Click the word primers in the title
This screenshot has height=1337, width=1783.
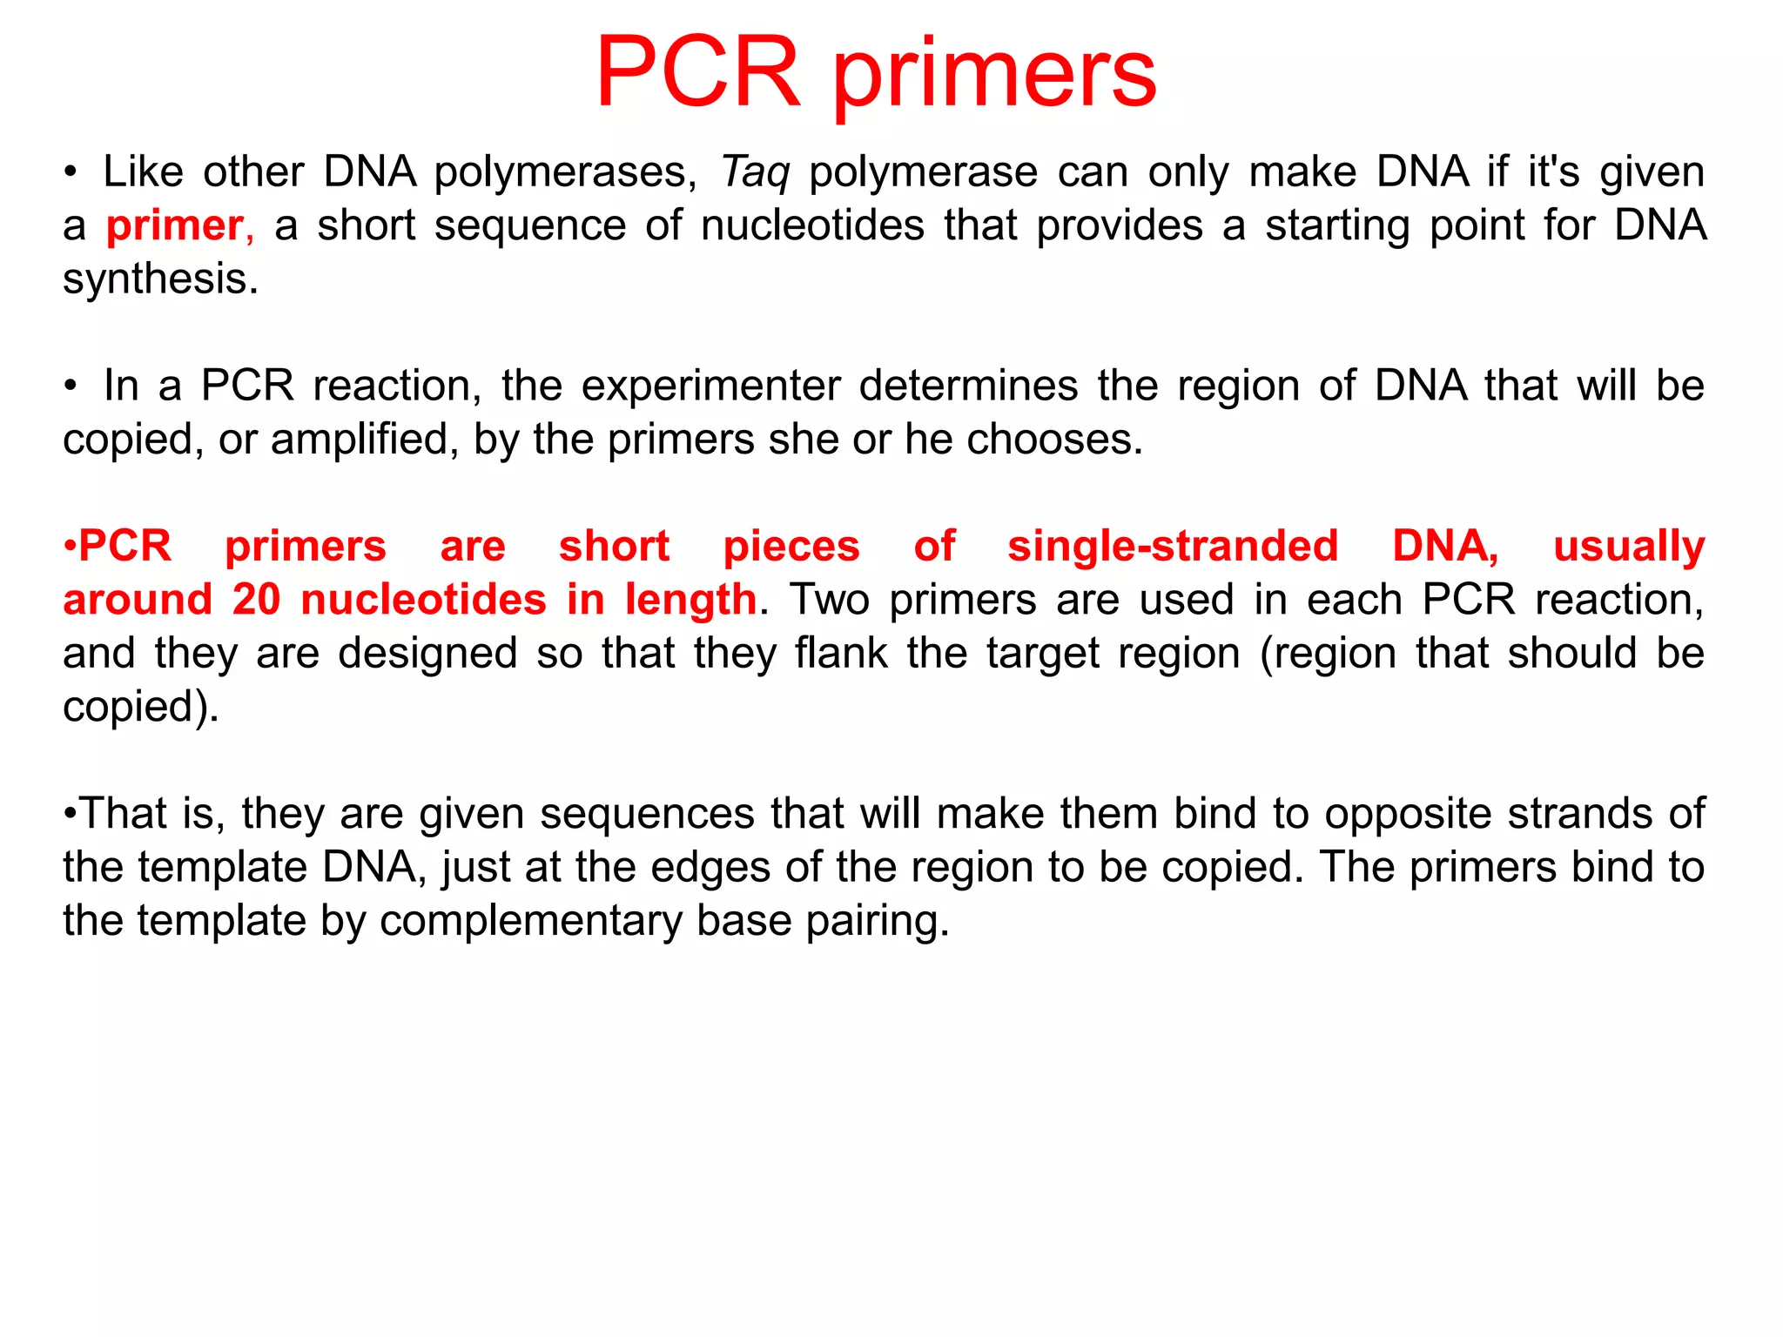pos(994,77)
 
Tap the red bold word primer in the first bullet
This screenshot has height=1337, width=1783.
pos(174,226)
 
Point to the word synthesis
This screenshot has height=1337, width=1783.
pos(159,280)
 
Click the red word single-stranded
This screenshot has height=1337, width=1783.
pos(1173,547)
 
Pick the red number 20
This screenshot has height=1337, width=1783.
pos(256,600)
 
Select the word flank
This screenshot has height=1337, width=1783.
pos(841,653)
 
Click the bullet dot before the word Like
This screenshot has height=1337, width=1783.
pos(71,172)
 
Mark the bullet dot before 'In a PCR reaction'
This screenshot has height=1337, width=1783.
pos(71,386)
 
